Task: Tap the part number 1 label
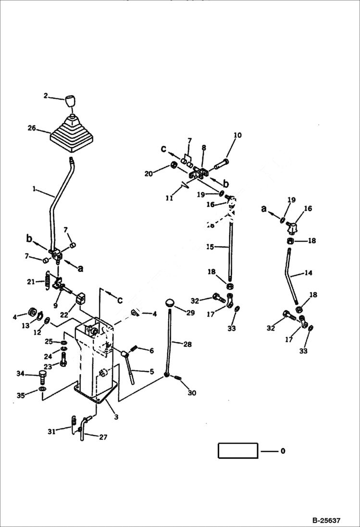(34, 189)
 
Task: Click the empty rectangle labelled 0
(238, 451)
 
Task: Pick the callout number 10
(237, 135)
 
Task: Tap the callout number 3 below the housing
(116, 417)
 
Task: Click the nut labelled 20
(172, 166)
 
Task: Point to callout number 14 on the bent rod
(308, 273)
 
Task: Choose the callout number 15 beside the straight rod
(210, 247)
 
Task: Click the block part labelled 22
(80, 300)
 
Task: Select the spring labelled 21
(47, 280)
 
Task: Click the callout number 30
(192, 392)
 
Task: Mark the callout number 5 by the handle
(151, 371)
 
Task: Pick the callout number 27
(103, 437)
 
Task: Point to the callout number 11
(169, 197)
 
